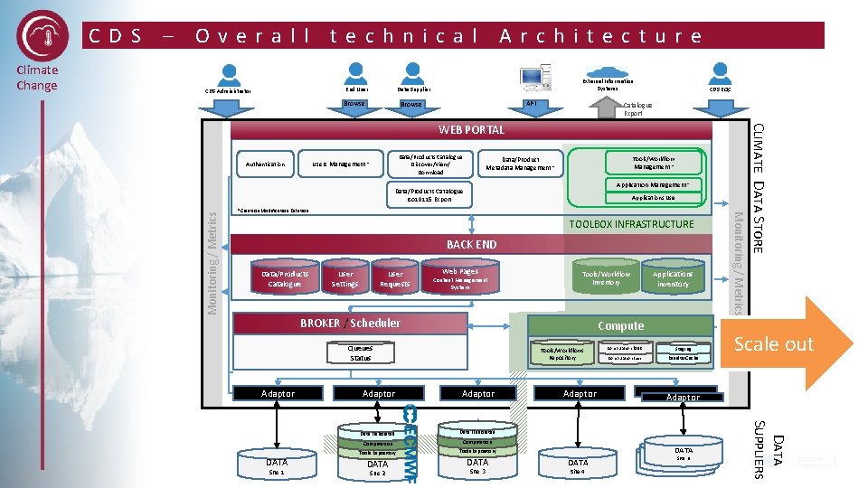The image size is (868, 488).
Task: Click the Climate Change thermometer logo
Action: (42, 35)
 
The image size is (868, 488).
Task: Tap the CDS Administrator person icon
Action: (230, 75)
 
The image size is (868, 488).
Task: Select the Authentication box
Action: (265, 164)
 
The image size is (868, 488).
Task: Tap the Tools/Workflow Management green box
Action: (653, 163)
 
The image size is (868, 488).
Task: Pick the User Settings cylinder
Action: (344, 278)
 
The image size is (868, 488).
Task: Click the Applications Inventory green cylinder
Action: (673, 278)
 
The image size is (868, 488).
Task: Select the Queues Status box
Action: (360, 352)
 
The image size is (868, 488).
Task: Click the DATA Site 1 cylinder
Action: (276, 465)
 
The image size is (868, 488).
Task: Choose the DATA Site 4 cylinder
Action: (577, 465)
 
